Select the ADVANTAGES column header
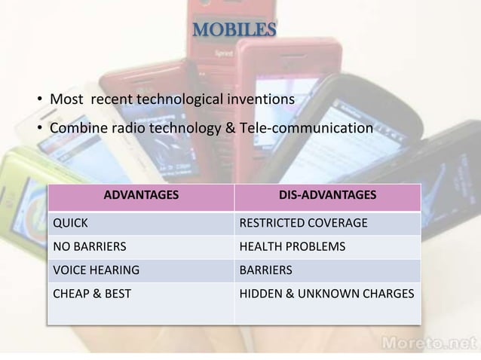[140, 196]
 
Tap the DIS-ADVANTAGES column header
[327, 196]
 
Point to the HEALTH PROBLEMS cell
[292, 246]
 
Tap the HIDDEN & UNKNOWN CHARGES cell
[326, 293]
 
